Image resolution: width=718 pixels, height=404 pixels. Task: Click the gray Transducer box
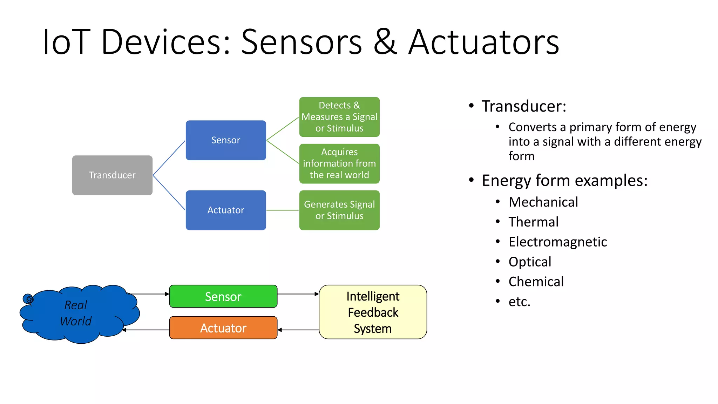click(x=112, y=175)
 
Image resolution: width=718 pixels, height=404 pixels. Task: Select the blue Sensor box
click(x=226, y=140)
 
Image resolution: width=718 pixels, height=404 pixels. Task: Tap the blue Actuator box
click(x=226, y=210)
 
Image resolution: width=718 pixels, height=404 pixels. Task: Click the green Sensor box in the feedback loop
click(x=223, y=296)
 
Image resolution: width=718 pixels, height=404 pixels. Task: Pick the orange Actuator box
click(x=223, y=328)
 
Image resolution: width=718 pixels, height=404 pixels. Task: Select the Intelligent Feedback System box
click(x=373, y=312)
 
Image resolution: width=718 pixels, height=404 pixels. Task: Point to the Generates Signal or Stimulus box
click(x=339, y=210)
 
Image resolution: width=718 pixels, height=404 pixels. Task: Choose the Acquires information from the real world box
click(x=339, y=163)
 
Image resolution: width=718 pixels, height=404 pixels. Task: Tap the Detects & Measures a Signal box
click(x=339, y=117)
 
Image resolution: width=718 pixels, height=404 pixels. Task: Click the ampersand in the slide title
click(x=385, y=42)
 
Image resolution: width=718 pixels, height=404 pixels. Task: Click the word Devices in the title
click(x=165, y=42)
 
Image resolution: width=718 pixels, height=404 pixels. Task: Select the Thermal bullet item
click(x=533, y=222)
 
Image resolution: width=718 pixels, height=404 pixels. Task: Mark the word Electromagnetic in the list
click(x=557, y=242)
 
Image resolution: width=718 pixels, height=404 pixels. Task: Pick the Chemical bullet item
click(x=536, y=282)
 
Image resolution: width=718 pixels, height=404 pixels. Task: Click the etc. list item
click(x=519, y=302)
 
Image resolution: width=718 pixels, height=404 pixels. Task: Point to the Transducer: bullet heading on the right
click(x=524, y=106)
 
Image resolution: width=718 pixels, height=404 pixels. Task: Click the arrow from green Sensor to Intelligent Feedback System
click(x=298, y=294)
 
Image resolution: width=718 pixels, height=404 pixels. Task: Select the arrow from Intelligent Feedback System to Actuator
click(x=298, y=330)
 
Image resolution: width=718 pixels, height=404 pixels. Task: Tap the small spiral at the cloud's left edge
click(x=28, y=299)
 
